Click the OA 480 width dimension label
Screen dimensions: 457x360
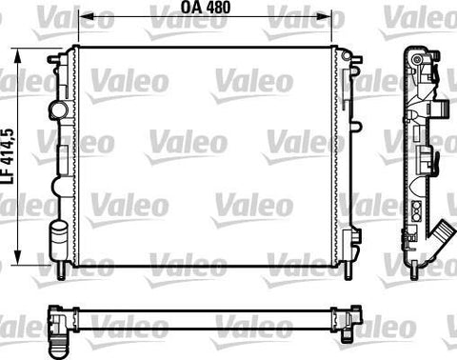[x=206, y=8]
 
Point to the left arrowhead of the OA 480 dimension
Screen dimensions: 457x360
[x=86, y=16]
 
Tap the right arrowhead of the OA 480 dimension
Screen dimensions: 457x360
[x=324, y=16]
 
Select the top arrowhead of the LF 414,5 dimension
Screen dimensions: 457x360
[x=18, y=56]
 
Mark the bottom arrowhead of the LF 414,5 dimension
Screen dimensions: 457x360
[x=18, y=257]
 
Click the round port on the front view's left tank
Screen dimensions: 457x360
[x=58, y=110]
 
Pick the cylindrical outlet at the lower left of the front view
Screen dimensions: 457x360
[x=58, y=235]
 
